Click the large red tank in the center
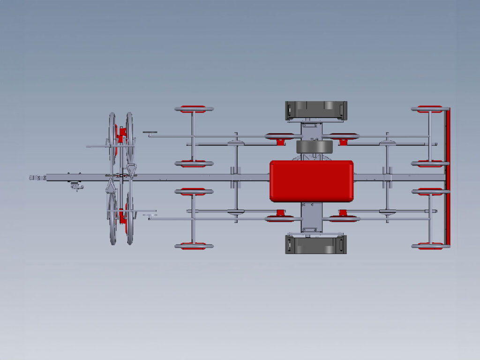tap(311, 181)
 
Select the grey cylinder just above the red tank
tap(314, 147)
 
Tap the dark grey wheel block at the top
tap(316, 110)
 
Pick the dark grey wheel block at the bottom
tap(316, 245)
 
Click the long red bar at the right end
tap(448, 177)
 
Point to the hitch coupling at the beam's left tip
tap(37, 178)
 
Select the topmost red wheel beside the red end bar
tap(429, 109)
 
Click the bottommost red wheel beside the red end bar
tap(429, 246)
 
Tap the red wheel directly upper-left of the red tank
tap(280, 137)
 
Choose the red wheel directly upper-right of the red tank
tap(344, 137)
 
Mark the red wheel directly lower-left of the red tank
tap(280, 217)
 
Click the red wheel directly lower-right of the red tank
tap(344, 217)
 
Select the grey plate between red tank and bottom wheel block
tap(312, 218)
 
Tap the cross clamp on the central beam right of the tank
tap(387, 177)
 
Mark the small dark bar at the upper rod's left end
tap(150, 132)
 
